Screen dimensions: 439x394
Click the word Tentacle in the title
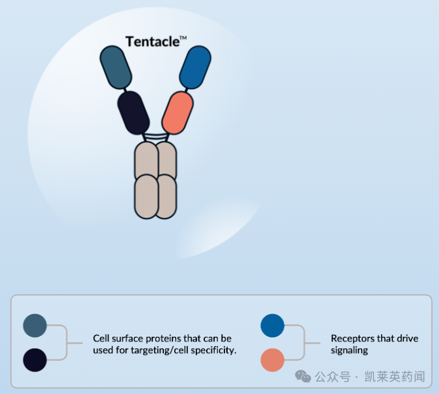(153, 42)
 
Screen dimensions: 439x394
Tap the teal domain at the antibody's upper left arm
(116, 68)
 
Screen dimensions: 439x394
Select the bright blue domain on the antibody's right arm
(195, 68)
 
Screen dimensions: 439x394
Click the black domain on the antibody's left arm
(133, 112)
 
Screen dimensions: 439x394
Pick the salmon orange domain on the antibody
(178, 112)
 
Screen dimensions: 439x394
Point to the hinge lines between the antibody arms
(155, 137)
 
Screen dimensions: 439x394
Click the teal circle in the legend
(34, 326)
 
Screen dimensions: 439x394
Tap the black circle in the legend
(34, 360)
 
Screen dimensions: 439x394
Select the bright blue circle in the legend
(273, 326)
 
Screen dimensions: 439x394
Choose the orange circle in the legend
(273, 360)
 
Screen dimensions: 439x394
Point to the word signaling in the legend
(349, 350)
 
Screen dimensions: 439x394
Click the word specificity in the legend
(216, 350)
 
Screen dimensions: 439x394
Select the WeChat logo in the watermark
(303, 376)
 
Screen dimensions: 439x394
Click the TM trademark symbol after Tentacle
(183, 38)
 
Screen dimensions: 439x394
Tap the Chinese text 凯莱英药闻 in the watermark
(395, 376)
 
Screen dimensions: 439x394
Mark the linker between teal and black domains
(125, 90)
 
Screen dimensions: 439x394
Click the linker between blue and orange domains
(186, 90)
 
